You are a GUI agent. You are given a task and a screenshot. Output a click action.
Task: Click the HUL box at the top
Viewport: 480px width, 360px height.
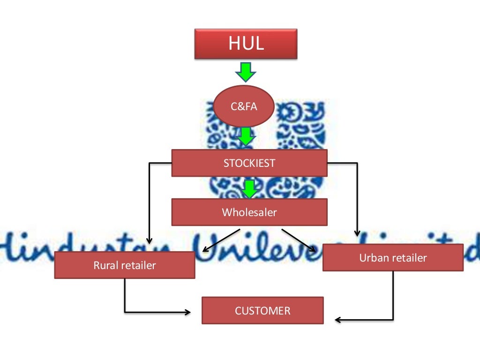(x=246, y=45)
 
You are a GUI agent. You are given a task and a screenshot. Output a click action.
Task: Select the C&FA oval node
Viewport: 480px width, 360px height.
(x=244, y=107)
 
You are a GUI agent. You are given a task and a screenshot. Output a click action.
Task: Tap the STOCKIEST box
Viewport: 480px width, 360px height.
(x=249, y=163)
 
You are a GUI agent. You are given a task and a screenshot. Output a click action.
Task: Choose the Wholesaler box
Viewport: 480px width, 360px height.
(x=249, y=212)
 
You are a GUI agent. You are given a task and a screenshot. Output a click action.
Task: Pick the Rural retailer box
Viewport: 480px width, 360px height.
(x=124, y=265)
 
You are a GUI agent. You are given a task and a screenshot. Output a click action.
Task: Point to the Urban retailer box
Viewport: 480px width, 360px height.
(x=393, y=258)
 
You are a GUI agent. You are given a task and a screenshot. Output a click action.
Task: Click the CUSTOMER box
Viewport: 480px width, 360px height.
(x=262, y=310)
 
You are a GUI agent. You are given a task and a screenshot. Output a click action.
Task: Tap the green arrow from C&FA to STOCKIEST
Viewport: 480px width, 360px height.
(x=246, y=137)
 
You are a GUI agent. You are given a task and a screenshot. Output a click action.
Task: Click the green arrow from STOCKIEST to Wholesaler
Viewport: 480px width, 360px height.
(x=249, y=188)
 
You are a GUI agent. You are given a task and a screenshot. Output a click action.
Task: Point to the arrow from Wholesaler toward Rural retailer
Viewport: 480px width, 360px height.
(x=221, y=240)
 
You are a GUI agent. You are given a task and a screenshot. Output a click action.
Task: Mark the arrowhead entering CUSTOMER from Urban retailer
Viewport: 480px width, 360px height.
(x=338, y=320)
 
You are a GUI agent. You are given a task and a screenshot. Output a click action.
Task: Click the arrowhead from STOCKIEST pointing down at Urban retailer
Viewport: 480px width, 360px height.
(x=357, y=233)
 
